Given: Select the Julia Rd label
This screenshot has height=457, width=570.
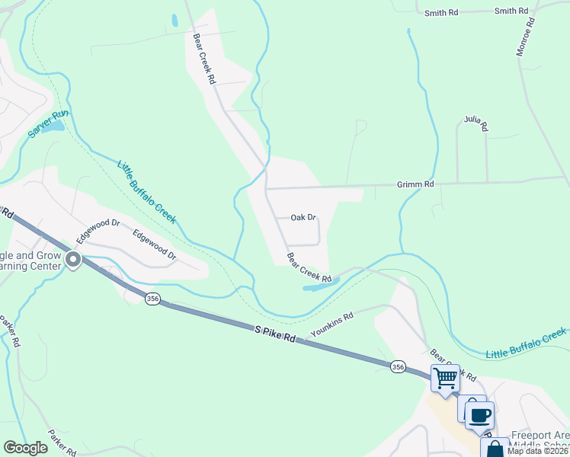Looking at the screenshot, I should (476, 123).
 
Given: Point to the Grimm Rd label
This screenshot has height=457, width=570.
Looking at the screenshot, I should (415, 184).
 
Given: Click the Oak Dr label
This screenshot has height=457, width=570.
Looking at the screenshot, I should (303, 218).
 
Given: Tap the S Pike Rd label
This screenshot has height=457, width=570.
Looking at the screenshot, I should (274, 334).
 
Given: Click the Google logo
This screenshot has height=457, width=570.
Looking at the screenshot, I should (25, 448).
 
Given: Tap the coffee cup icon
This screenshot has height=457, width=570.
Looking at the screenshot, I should (479, 416).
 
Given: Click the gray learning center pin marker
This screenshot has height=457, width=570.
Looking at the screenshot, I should (73, 260).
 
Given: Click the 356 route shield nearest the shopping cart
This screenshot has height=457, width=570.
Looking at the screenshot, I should (398, 366).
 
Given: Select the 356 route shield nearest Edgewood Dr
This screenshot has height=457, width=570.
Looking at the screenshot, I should (152, 299).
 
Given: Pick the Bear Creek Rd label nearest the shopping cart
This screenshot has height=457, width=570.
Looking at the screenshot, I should (453, 366).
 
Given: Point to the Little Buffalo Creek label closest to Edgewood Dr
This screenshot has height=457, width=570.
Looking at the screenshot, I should (146, 191).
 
